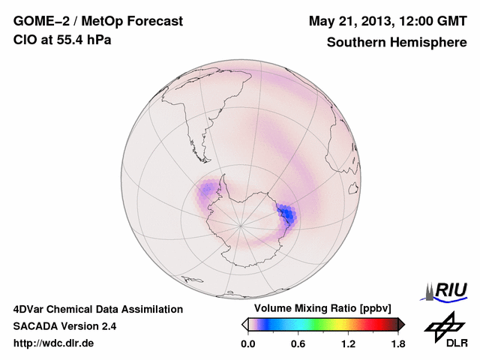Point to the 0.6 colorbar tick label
(298, 343)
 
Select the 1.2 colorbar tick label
(348, 343)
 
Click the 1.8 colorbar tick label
(398, 343)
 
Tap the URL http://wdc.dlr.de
(54, 343)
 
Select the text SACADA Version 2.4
(64, 326)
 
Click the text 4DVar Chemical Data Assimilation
(98, 309)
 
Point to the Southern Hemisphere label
(397, 43)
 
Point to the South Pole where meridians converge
(241, 223)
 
